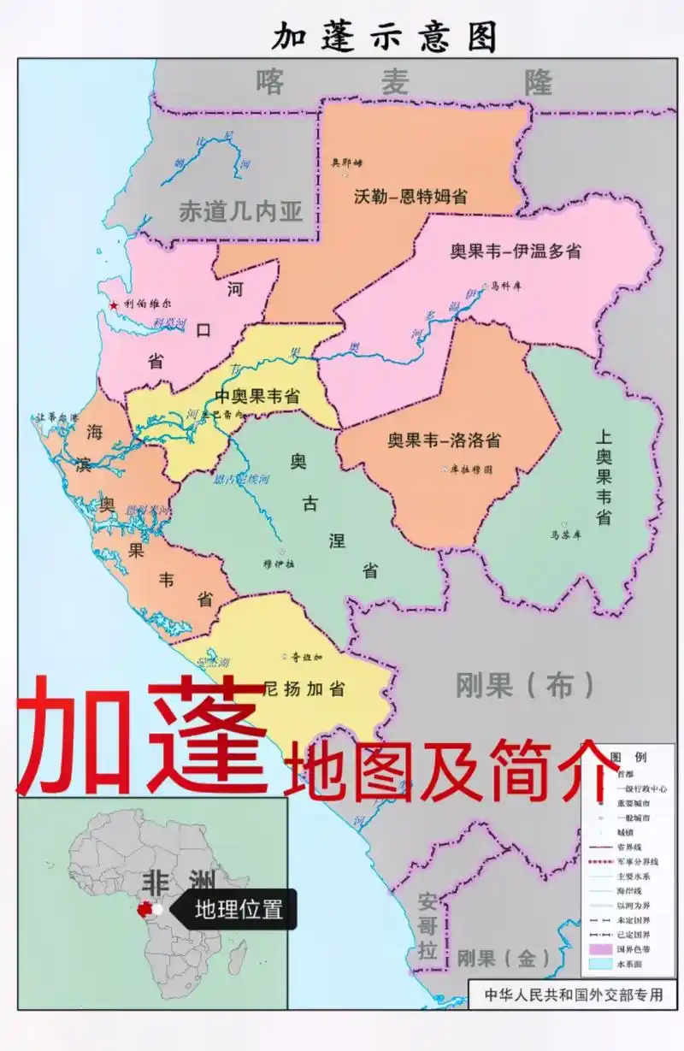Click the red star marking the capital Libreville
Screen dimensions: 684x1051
(114, 304)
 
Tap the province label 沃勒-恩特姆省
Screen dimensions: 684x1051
(410, 196)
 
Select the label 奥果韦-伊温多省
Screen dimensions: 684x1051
(516, 251)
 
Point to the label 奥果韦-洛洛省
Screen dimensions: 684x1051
(444, 440)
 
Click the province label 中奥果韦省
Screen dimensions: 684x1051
(256, 397)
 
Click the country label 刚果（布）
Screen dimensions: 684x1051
(525, 685)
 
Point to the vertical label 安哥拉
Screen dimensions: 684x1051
(427, 925)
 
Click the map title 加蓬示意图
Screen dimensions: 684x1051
(385, 37)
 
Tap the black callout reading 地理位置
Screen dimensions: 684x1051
(239, 909)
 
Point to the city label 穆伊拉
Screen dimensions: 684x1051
(279, 564)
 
